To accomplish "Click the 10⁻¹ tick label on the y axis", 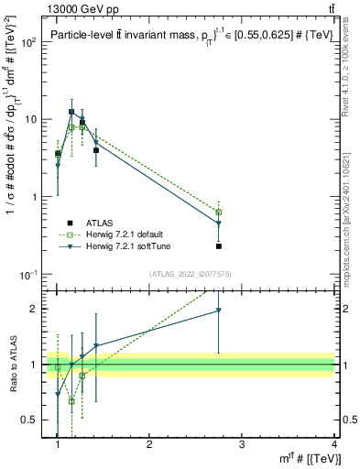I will [27, 275].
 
